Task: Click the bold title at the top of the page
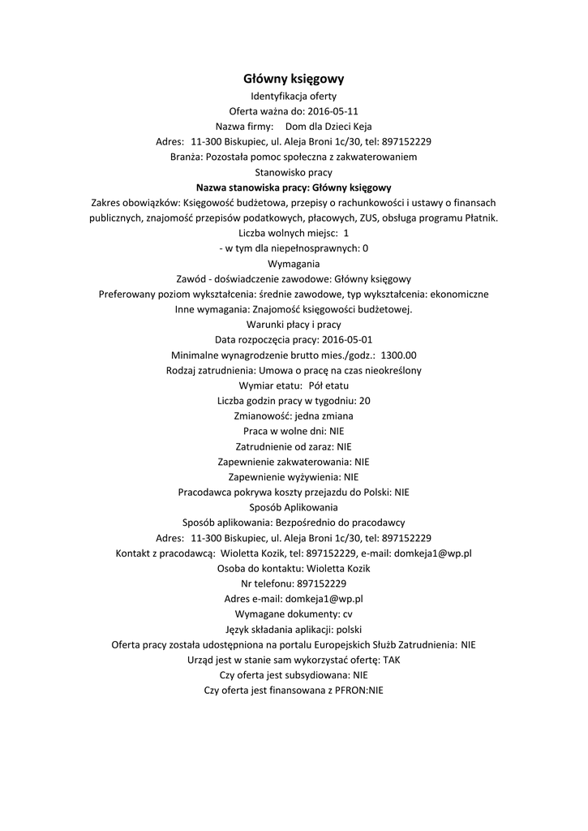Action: click(x=294, y=79)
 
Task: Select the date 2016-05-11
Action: click(x=333, y=111)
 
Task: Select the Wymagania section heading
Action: click(x=294, y=263)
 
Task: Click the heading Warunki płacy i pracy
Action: click(x=294, y=324)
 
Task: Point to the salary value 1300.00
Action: click(x=398, y=355)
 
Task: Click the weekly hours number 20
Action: click(x=364, y=400)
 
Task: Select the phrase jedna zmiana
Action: click(x=323, y=415)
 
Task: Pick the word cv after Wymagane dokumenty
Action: click(x=347, y=614)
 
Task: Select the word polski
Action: click(x=349, y=629)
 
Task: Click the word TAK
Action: click(x=392, y=659)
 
